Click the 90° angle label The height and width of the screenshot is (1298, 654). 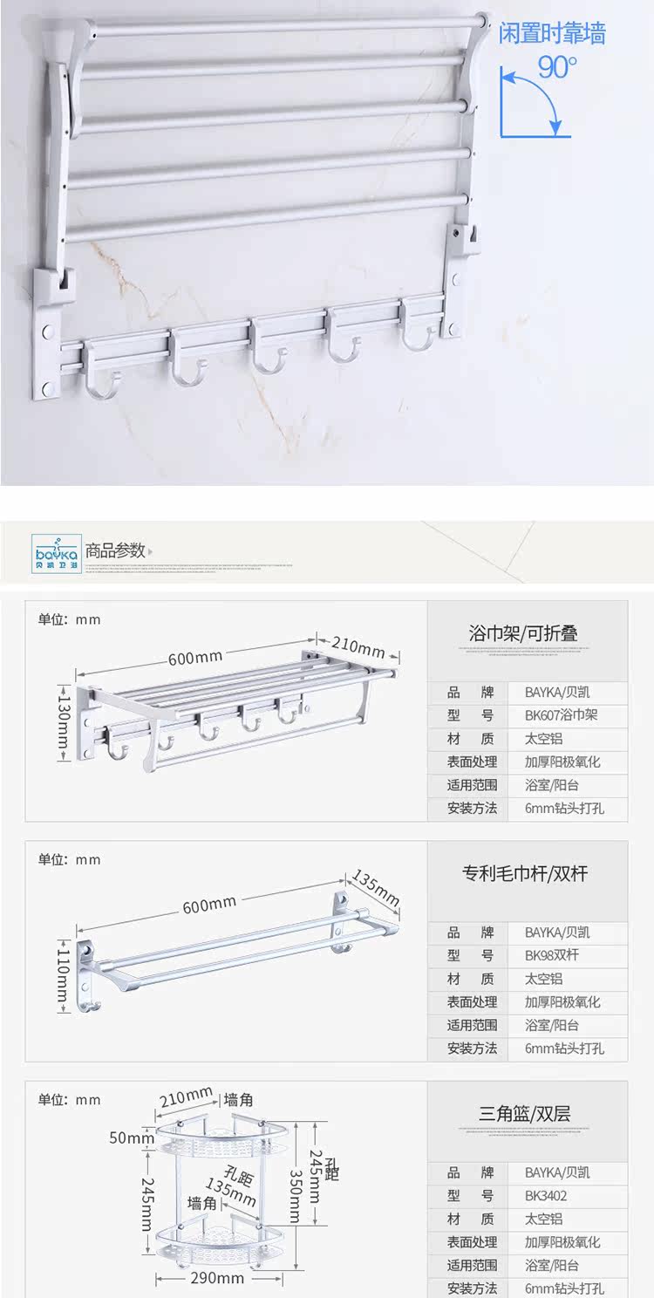click(556, 66)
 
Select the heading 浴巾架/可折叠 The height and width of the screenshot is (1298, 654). click(523, 633)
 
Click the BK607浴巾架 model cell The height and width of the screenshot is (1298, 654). click(562, 715)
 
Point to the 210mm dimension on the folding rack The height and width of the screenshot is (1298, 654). click(358, 647)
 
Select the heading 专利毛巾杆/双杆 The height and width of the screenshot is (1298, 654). click(525, 873)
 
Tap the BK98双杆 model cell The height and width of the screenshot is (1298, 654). click(551, 955)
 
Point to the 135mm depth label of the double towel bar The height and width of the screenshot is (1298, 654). click(376, 887)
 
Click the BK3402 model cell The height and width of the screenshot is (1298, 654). click(546, 1196)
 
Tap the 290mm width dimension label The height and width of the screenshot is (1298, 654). click(217, 1278)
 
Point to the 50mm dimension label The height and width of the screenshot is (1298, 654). click(132, 1137)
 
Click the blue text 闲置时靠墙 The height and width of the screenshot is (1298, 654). click(551, 34)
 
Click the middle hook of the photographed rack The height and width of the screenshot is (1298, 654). click(268, 356)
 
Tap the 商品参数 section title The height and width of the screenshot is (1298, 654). click(115, 550)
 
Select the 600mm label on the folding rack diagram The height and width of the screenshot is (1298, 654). click(195, 657)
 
